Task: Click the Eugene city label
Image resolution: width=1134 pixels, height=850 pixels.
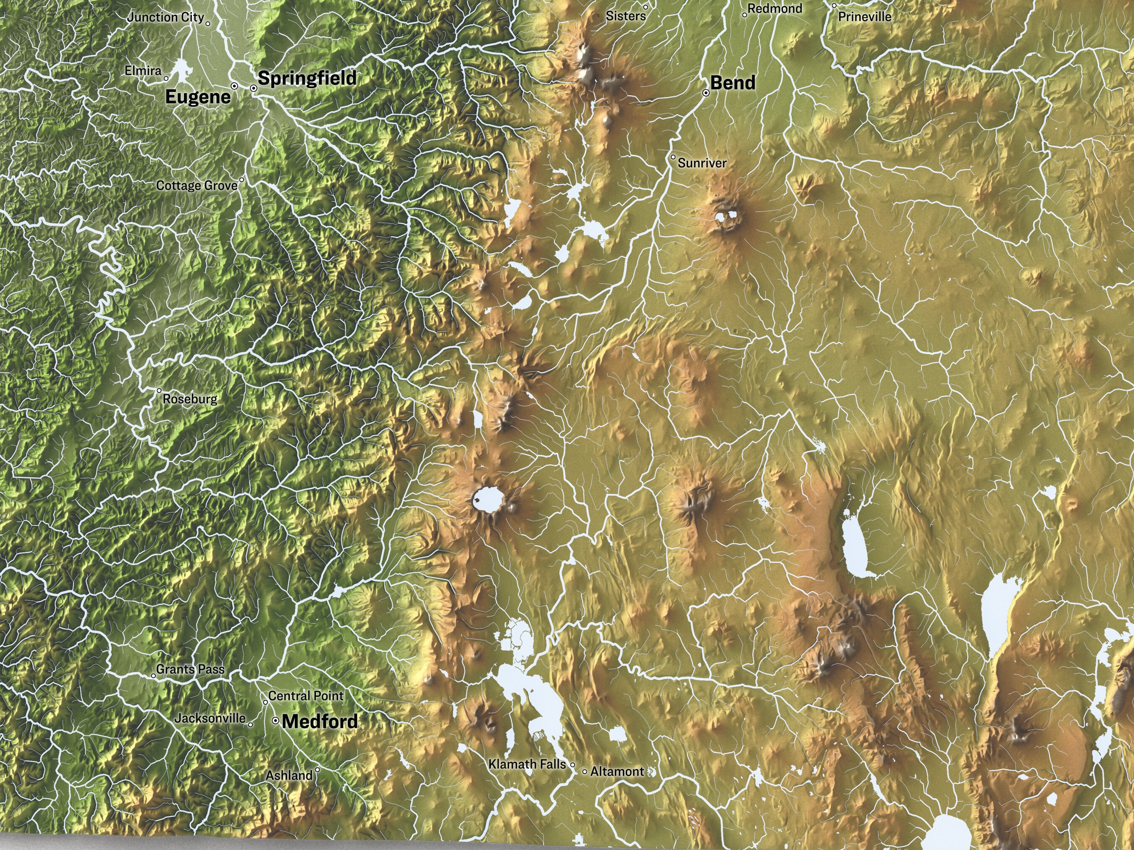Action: [x=198, y=97]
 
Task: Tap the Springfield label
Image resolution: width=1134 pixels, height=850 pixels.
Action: [x=307, y=78]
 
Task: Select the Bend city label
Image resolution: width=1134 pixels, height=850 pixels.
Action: [x=732, y=83]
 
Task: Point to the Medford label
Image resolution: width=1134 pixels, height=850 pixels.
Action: [x=320, y=722]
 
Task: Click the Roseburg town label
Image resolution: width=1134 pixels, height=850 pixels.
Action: [x=190, y=399]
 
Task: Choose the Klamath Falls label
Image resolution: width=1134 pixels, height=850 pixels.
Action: [x=527, y=764]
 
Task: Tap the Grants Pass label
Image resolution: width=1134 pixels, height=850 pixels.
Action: [x=190, y=669]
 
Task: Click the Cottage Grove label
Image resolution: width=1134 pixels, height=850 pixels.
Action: [x=197, y=186]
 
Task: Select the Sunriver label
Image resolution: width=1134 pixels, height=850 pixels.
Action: [x=702, y=163]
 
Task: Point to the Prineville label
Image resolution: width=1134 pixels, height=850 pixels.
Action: [x=864, y=16]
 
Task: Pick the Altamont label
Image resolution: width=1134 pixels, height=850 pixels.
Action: [x=617, y=771]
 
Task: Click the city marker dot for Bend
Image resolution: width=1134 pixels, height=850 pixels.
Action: [x=706, y=93]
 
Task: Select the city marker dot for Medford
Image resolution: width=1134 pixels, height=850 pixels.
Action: [x=275, y=720]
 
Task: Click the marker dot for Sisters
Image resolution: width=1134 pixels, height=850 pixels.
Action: [x=646, y=7]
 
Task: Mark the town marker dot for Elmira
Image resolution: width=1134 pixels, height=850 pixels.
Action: [x=165, y=78]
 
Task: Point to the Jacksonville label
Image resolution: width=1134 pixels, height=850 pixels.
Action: [x=210, y=718]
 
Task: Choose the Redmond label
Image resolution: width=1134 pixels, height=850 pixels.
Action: [x=774, y=8]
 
